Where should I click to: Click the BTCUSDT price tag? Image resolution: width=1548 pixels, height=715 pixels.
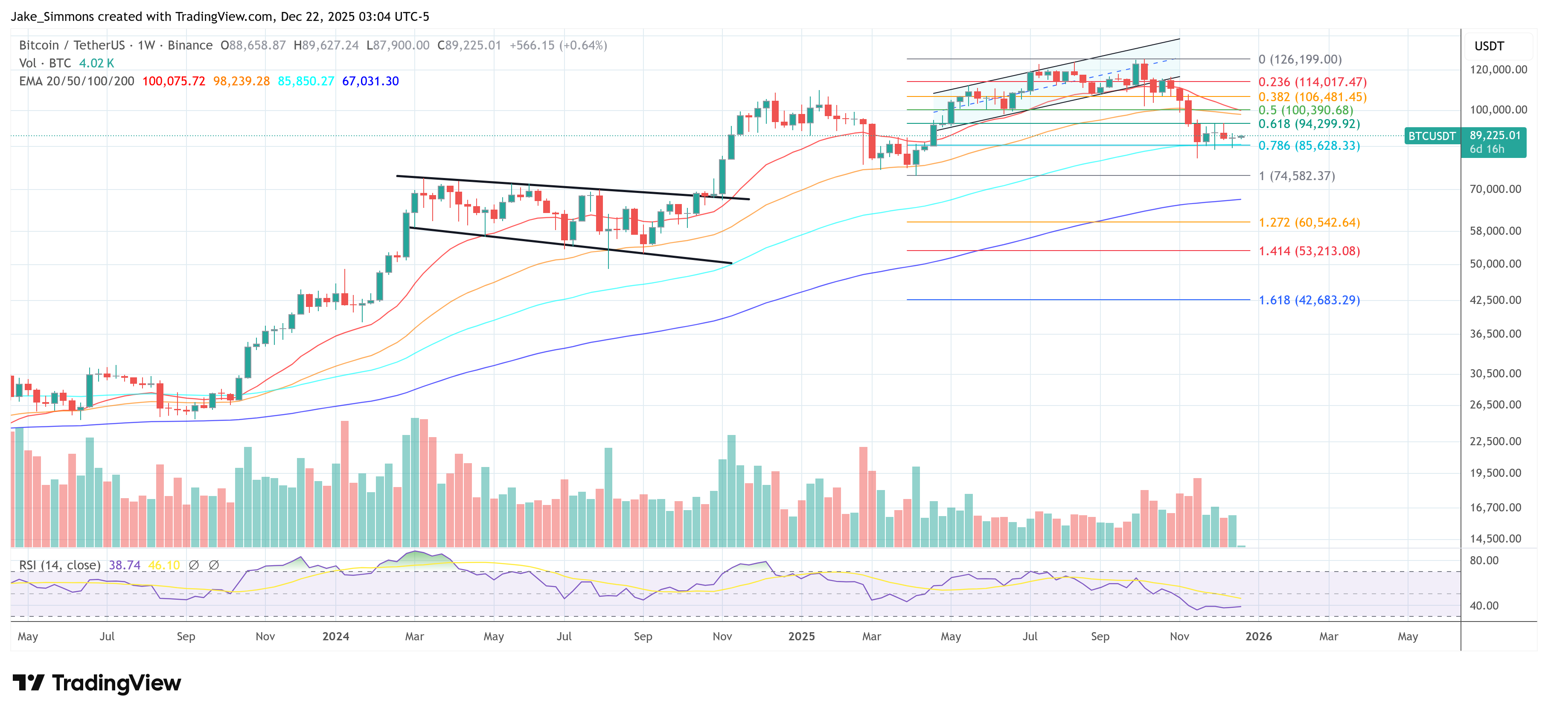(1432, 136)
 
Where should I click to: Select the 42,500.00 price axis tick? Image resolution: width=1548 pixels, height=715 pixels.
(1495, 300)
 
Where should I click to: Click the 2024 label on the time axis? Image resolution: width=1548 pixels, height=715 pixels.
(335, 636)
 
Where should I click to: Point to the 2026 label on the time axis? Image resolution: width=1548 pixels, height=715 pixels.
(1258, 636)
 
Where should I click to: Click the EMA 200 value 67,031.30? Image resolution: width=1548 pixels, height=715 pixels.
(370, 81)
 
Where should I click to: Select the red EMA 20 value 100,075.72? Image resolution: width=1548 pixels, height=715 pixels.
(174, 81)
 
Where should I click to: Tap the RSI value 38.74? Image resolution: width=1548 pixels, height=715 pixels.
(125, 565)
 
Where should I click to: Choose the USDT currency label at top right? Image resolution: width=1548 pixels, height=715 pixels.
(1489, 46)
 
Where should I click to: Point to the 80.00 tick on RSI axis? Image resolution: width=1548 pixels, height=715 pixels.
(1484, 560)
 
